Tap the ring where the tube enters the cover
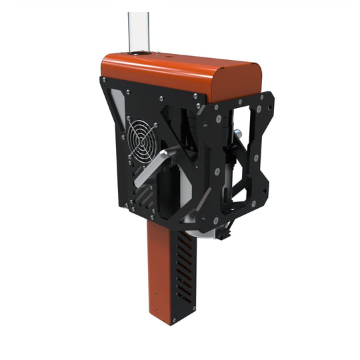tap(137, 53)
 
